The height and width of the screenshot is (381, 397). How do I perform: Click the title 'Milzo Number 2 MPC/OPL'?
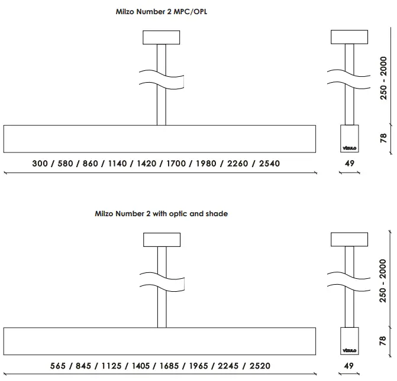[161, 11]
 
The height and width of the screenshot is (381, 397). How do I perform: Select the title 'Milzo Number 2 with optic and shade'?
[161, 214]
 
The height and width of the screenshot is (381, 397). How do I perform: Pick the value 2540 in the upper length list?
[268, 163]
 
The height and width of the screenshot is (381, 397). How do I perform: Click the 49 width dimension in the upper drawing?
[349, 163]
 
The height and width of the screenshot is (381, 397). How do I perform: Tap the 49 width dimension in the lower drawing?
[349, 366]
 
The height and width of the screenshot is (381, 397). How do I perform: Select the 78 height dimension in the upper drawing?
[383, 139]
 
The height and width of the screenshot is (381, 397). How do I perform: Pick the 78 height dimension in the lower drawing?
[383, 341]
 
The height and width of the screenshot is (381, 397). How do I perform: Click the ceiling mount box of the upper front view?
[161, 37]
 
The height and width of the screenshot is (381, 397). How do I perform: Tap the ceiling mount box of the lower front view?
[161, 240]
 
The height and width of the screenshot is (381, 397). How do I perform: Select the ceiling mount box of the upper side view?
[349, 37]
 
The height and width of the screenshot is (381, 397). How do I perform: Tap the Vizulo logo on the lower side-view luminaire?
[349, 350]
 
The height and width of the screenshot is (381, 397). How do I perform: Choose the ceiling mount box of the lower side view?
[349, 240]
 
